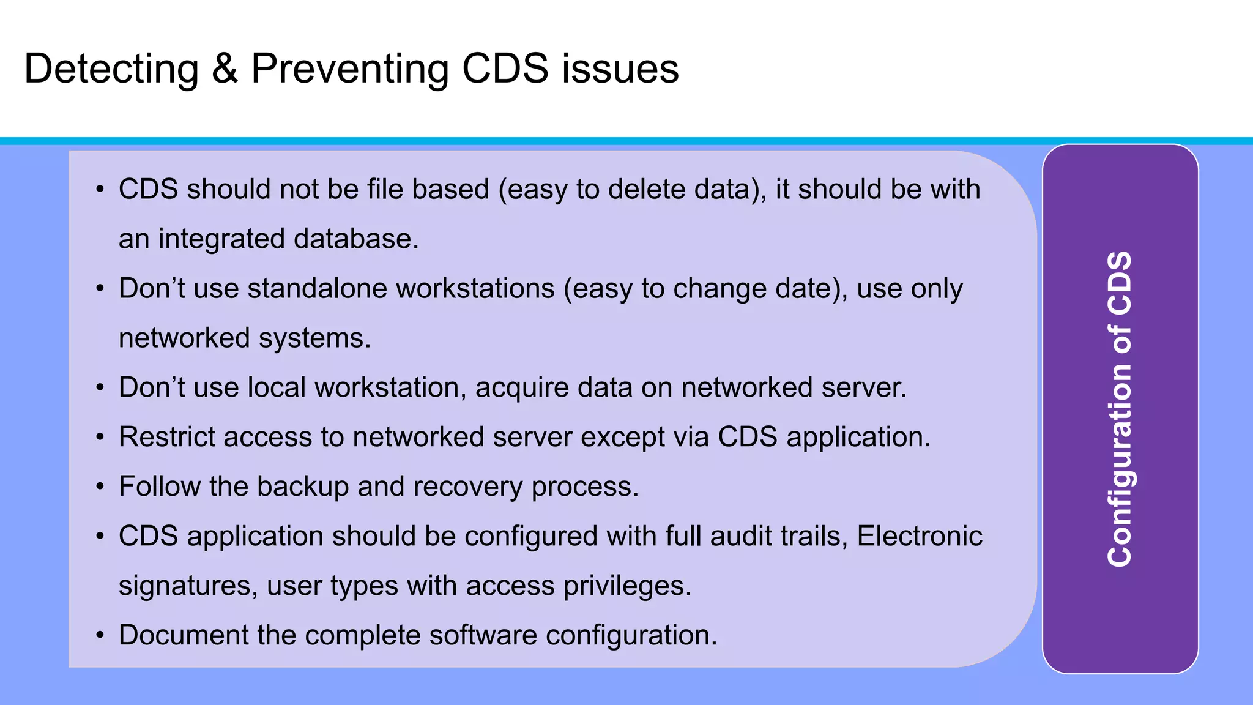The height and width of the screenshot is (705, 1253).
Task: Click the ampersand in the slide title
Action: click(x=225, y=69)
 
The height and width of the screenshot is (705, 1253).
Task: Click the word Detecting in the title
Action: click(x=111, y=69)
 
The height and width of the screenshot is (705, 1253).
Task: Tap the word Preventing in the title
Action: click(x=349, y=69)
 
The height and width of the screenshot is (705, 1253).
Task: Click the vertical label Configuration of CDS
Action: click(x=1120, y=409)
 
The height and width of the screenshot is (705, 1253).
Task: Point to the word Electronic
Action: click(x=919, y=536)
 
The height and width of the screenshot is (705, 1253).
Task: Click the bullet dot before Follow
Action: click(x=100, y=487)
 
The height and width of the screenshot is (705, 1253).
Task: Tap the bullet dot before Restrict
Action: click(x=100, y=438)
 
